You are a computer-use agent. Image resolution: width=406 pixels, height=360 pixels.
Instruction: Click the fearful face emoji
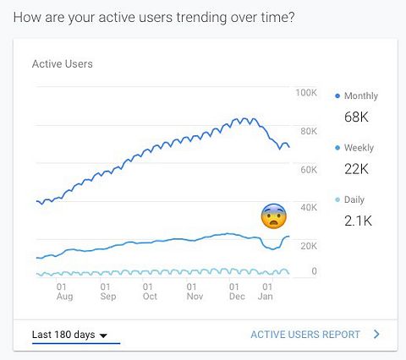[x=274, y=216]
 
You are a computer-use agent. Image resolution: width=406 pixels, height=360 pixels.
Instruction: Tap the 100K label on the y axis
[x=306, y=93]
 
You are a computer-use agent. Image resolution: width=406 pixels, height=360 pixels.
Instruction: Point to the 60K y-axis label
[x=309, y=170]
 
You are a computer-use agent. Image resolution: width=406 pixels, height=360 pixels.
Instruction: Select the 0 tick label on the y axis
[x=314, y=271]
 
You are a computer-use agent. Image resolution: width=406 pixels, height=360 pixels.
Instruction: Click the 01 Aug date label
[x=64, y=292]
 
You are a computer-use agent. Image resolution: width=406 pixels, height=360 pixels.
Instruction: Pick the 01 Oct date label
[x=150, y=292]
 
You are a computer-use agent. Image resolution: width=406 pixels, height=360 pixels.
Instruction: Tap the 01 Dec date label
[x=237, y=292]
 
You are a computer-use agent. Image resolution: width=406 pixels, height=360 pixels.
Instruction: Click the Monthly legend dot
[x=337, y=96]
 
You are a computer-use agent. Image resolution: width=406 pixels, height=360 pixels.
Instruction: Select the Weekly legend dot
[x=337, y=148]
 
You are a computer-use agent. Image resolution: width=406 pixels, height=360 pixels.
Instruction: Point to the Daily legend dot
[x=337, y=199]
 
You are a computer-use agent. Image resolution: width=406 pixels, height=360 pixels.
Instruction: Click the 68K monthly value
[x=356, y=117]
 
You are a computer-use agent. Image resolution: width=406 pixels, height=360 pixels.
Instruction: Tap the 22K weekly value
[x=356, y=169]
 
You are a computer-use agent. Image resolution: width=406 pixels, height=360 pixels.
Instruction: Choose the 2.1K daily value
[x=358, y=221]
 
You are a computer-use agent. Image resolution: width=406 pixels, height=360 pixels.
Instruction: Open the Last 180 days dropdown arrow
[x=103, y=335]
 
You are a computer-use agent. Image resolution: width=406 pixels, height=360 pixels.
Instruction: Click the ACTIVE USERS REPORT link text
[x=305, y=335]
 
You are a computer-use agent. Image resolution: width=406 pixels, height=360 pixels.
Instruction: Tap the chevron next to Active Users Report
[x=376, y=335]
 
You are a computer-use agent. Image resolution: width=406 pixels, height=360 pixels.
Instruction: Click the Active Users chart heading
[x=63, y=64]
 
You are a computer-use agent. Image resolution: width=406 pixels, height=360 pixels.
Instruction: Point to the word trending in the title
[x=202, y=18]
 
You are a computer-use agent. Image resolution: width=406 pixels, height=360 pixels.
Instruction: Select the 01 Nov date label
[x=195, y=292]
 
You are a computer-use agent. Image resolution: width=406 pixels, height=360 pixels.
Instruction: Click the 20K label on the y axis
[x=309, y=246]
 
